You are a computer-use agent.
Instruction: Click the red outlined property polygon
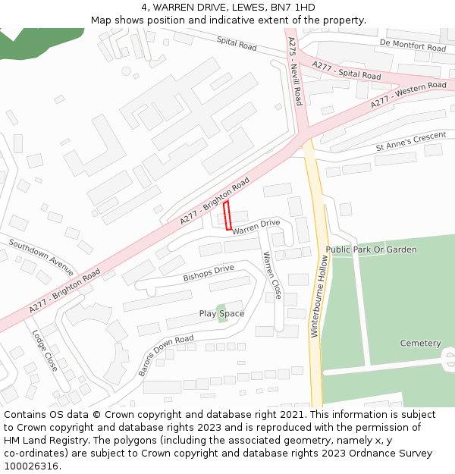(227, 215)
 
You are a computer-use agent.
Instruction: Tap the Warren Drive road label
(256, 227)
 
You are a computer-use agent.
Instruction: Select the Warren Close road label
(271, 275)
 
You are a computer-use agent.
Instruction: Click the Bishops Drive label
(209, 274)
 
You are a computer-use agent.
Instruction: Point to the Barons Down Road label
(165, 355)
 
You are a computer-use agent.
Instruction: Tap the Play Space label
(221, 314)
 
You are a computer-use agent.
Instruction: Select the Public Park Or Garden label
(371, 250)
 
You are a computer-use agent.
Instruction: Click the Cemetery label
(420, 344)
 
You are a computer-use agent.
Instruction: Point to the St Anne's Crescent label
(411, 142)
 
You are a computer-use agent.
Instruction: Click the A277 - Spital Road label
(346, 71)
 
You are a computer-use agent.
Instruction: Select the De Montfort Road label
(413, 46)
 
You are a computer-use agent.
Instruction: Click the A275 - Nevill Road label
(296, 72)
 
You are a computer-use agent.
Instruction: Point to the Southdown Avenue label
(42, 257)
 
